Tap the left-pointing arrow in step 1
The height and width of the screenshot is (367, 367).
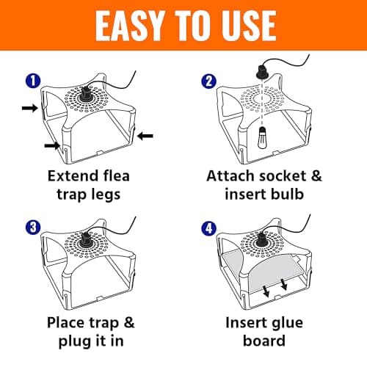point(144,135)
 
